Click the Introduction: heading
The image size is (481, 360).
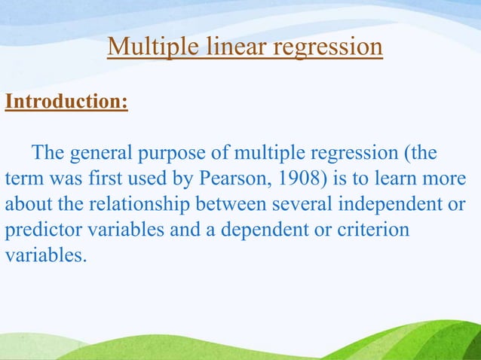(66, 102)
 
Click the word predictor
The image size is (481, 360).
(38, 230)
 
